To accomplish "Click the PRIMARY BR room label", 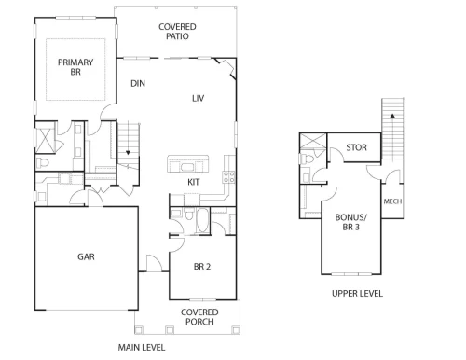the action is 75,67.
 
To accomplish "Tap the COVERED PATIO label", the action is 177,32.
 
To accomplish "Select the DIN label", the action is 138,83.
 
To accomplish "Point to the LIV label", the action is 198,99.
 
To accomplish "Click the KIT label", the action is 194,182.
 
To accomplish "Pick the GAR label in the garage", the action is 86,256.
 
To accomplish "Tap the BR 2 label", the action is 202,267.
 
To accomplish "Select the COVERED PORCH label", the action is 199,317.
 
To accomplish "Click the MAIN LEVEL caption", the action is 142,347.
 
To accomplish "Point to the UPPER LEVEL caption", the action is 357,294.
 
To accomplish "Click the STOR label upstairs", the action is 357,147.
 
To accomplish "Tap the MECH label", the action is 392,201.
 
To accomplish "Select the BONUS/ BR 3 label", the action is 351,222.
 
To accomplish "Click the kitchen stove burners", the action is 228,177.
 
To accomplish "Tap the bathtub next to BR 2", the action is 202,221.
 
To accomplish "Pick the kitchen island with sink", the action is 187,164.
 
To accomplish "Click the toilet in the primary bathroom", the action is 43,162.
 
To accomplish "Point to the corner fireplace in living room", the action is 228,67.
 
